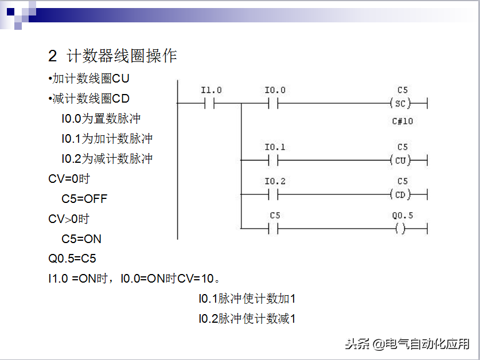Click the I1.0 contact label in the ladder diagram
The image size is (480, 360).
pos(211,91)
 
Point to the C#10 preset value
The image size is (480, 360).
pos(402,121)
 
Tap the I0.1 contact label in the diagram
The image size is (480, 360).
pos(275,147)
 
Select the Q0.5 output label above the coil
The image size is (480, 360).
pos(402,216)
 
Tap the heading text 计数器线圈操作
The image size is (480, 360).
pos(122,56)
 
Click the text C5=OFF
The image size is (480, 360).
pos(84,199)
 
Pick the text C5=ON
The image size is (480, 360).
pos(81,239)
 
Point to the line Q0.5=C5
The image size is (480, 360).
pos(72,259)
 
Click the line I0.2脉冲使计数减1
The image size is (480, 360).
pos(247,319)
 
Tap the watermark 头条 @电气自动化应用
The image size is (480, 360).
pos(407,344)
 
